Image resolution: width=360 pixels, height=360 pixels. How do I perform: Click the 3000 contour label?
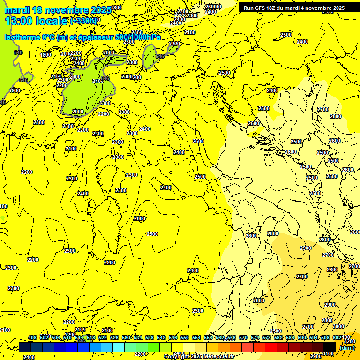(x=338, y=326)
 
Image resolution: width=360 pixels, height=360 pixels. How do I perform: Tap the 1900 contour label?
(x=15, y=90)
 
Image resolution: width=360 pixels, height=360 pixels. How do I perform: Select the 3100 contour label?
(x=329, y=353)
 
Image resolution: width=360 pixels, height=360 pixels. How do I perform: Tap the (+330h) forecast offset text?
(x=83, y=21)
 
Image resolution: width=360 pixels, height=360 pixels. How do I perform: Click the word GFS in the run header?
(x=261, y=8)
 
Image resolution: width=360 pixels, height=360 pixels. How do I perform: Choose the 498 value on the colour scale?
(x=32, y=337)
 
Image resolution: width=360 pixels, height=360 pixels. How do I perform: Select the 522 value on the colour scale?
(x=103, y=337)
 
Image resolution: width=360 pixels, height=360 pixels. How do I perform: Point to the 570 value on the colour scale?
(x=243, y=337)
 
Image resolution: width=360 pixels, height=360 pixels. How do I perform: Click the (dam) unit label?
(x=347, y=348)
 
